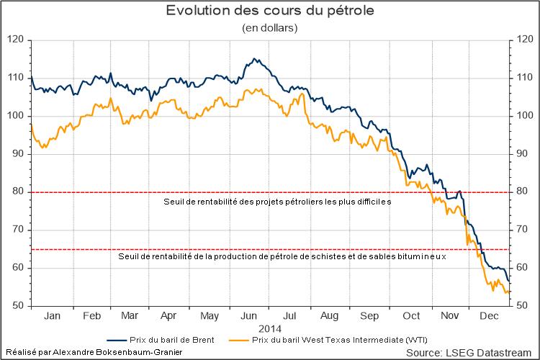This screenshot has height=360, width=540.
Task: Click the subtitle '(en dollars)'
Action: [269, 28]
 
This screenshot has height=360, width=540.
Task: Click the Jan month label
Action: [52, 316]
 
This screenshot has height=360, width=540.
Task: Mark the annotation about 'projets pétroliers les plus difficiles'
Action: [277, 202]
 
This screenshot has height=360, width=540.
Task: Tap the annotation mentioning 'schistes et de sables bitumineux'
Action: [282, 256]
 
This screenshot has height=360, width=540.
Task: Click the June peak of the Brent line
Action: [255, 58]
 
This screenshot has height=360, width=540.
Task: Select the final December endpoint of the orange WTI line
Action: [510, 292]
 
